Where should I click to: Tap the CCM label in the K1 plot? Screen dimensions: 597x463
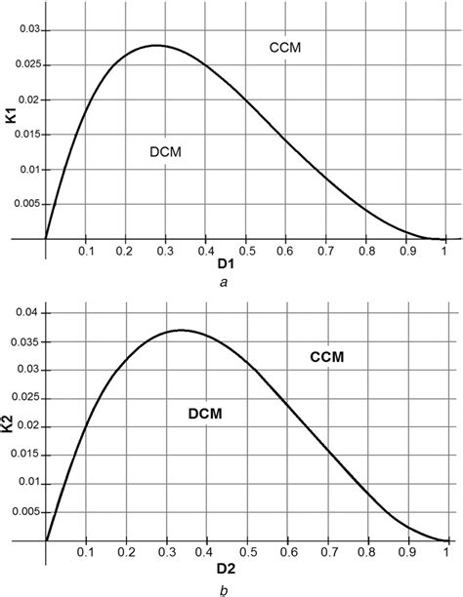coord(283,47)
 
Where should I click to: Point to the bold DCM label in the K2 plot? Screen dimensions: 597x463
coord(206,415)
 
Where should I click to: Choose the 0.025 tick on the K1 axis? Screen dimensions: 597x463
coord(24,65)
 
